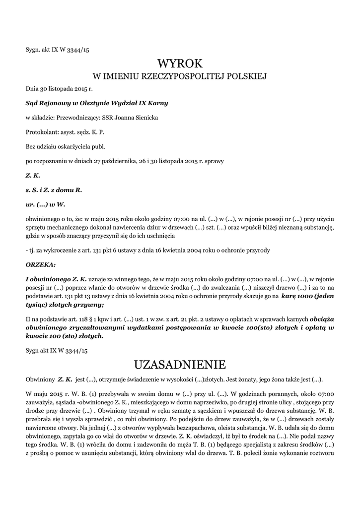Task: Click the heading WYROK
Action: pos(180,63)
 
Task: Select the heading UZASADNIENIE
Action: pos(180,365)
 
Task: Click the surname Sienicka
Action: pos(147,118)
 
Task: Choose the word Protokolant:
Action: pos(42,132)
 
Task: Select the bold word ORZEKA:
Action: pos(41,265)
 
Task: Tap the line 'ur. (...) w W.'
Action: pos(46,204)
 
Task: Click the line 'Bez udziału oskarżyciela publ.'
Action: pos(66,146)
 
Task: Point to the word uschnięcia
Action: pos(158,236)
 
